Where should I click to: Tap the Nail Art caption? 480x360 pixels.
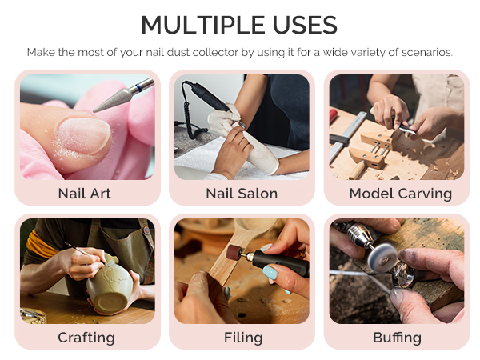coord(84,194)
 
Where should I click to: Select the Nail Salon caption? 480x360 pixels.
coord(242,194)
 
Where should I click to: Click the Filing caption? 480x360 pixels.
coord(242,338)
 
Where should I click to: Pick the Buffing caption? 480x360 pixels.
coord(397,338)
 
